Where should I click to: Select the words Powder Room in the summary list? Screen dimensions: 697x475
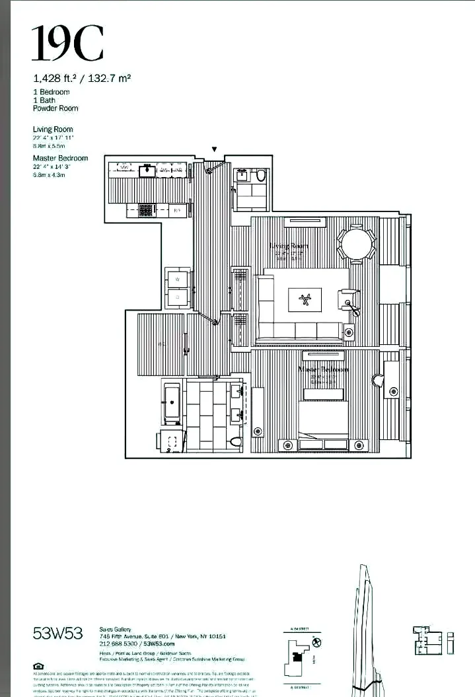(x=55, y=108)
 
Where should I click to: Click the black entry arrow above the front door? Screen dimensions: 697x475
(x=213, y=150)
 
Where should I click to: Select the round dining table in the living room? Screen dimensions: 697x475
(x=357, y=245)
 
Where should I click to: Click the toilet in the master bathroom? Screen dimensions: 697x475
(x=236, y=441)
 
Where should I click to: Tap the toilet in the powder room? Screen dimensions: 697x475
(x=260, y=176)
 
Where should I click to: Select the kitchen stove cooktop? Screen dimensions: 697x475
(x=146, y=210)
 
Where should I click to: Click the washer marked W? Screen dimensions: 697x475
(x=176, y=279)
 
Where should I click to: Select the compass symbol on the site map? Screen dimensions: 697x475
(x=316, y=642)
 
